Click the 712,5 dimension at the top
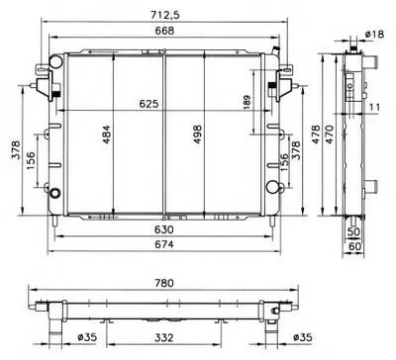pos(165,15)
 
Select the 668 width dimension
pos(164,31)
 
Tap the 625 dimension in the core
pos(148,104)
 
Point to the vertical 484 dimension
pos(106,135)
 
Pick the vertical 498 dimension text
pos(197,134)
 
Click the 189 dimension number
pos(247,102)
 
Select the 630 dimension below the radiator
pos(164,229)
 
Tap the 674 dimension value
pos(164,244)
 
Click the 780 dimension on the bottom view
pos(164,283)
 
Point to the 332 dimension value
pos(164,337)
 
